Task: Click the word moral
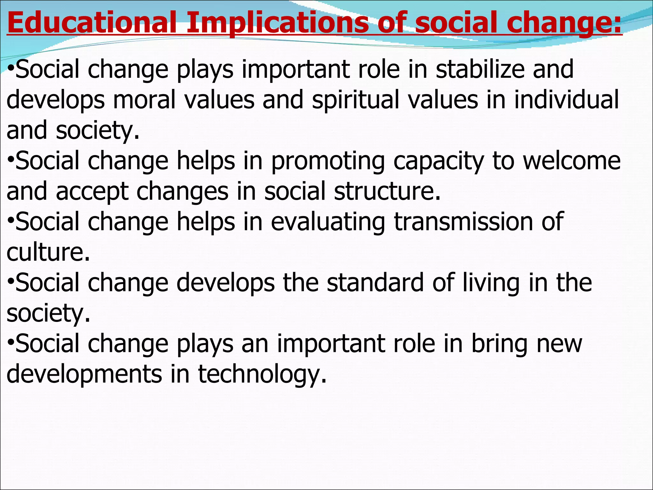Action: [x=144, y=100]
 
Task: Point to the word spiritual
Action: [x=356, y=100]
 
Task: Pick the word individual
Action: [x=566, y=100]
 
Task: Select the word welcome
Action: [x=572, y=161]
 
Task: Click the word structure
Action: [x=387, y=191]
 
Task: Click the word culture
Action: [x=48, y=252]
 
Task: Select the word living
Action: [x=491, y=283]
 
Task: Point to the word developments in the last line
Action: [x=84, y=374]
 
